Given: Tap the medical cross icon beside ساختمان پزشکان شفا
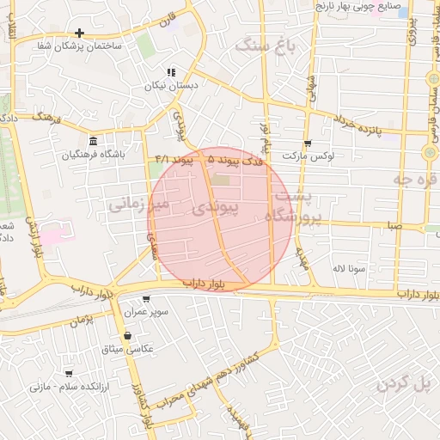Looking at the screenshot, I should pyautogui.click(x=79, y=33).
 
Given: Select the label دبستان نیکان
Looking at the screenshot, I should pyautogui.click(x=181, y=86).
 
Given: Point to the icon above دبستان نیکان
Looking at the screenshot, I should pyautogui.click(x=170, y=72).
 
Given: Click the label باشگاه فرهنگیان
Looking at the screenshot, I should pyautogui.click(x=94, y=155).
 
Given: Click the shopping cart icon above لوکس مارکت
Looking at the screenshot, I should pyautogui.click(x=308, y=144).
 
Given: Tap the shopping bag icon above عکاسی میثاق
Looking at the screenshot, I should pyautogui.click(x=127, y=336).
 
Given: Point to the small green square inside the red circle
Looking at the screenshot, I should pyautogui.click(x=221, y=180).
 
